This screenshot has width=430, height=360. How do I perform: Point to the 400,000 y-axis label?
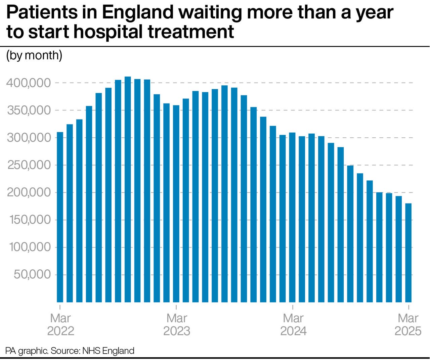[x=29, y=83]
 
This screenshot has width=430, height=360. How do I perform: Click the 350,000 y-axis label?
[x=29, y=110]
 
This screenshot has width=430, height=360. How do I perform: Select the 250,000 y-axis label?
[x=29, y=165]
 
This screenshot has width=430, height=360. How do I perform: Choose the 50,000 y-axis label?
[x=32, y=274]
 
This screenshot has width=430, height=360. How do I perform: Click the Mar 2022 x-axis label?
[x=60, y=324]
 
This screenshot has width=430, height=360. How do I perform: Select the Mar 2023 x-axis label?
[x=177, y=324]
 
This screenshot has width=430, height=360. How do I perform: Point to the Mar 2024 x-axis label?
[x=293, y=324]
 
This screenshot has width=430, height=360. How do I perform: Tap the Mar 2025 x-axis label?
[x=408, y=324]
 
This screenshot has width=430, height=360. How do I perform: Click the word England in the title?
[x=137, y=13]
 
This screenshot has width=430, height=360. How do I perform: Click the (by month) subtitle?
[x=34, y=55]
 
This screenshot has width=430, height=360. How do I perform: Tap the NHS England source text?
[x=108, y=351]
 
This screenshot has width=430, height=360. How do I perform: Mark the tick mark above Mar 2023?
[x=176, y=307]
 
